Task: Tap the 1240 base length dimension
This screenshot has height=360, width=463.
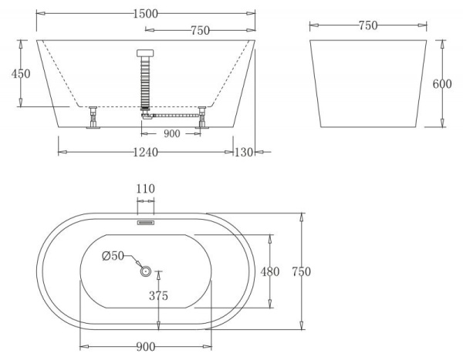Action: tap(145, 152)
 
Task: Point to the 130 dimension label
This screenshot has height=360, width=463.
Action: tap(244, 152)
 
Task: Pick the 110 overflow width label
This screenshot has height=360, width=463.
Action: tap(146, 188)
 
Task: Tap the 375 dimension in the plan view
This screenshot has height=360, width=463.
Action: tap(159, 296)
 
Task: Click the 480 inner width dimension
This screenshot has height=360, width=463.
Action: tap(269, 271)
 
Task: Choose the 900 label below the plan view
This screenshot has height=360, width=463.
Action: tap(146, 347)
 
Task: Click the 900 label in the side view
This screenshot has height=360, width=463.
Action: tap(171, 134)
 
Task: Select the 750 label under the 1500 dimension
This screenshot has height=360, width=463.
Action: tap(200, 30)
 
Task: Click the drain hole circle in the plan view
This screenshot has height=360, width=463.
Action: tap(145, 271)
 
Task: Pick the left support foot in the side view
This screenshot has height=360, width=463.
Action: tap(93, 119)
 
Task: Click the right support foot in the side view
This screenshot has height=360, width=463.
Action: tap(202, 119)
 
